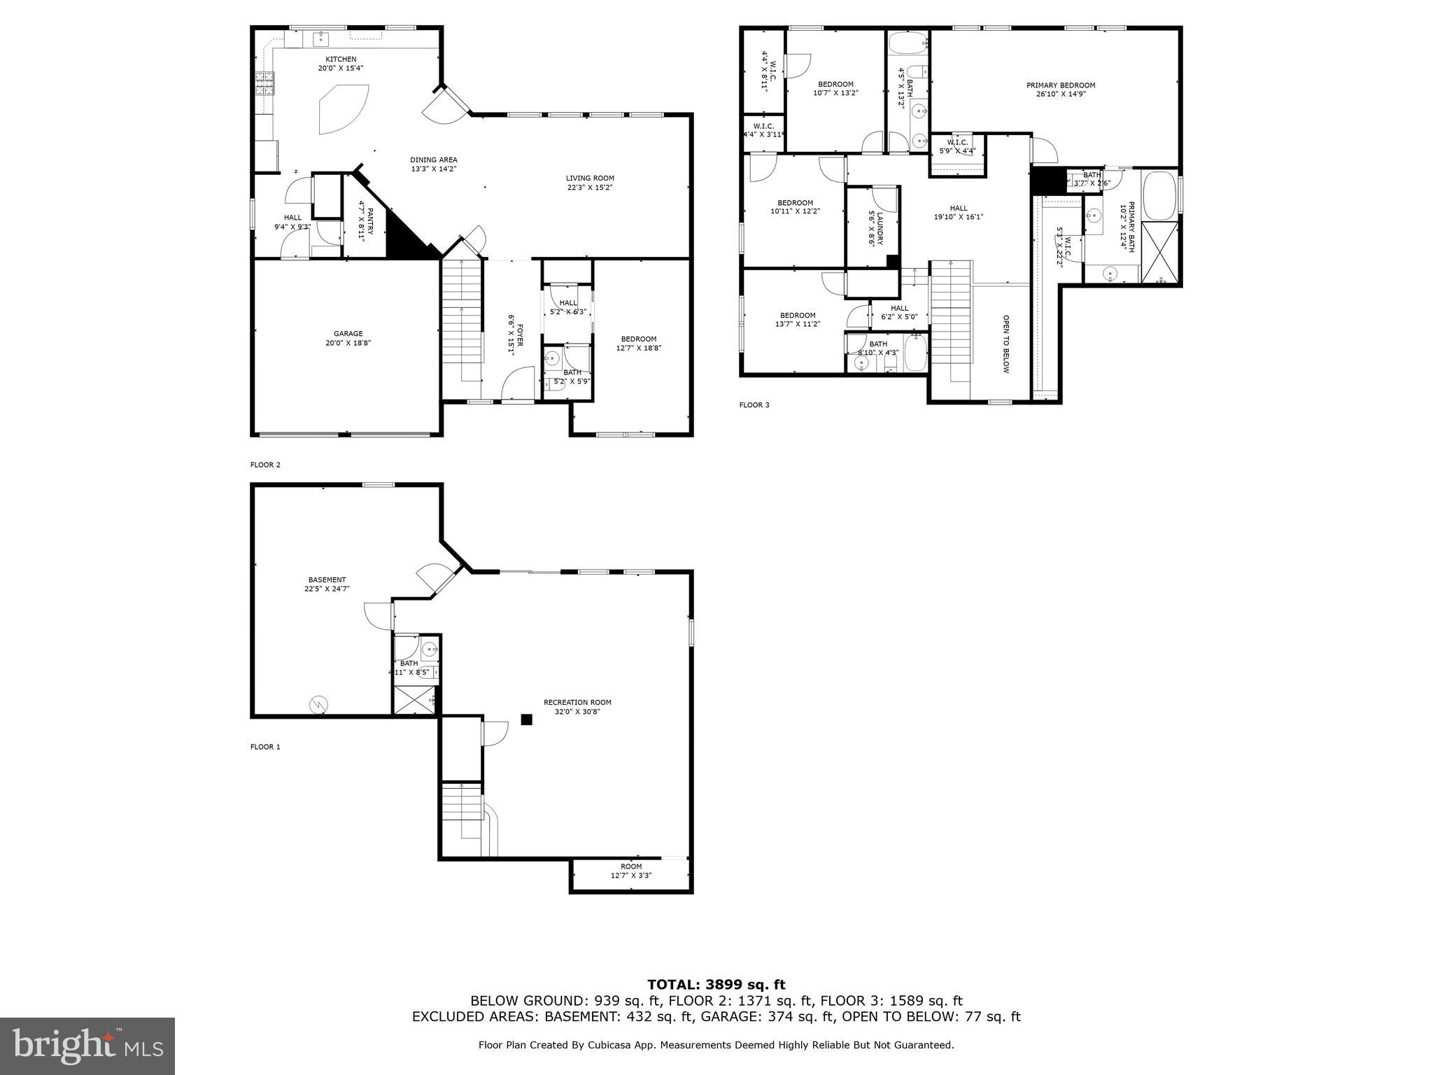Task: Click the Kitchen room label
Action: click(341, 59)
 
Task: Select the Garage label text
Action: click(348, 334)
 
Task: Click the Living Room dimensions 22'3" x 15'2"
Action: click(590, 188)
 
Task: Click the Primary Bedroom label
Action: click(1061, 85)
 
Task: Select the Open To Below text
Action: click(1006, 344)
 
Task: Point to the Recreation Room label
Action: click(577, 703)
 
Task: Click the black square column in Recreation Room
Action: click(527, 719)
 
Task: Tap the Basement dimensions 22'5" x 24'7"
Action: click(327, 589)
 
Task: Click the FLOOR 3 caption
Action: click(754, 405)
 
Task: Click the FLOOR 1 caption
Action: click(265, 747)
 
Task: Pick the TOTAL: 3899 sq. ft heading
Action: click(716, 985)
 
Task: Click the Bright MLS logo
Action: click(87, 1045)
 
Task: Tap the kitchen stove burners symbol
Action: click(264, 84)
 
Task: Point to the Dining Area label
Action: click(434, 160)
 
